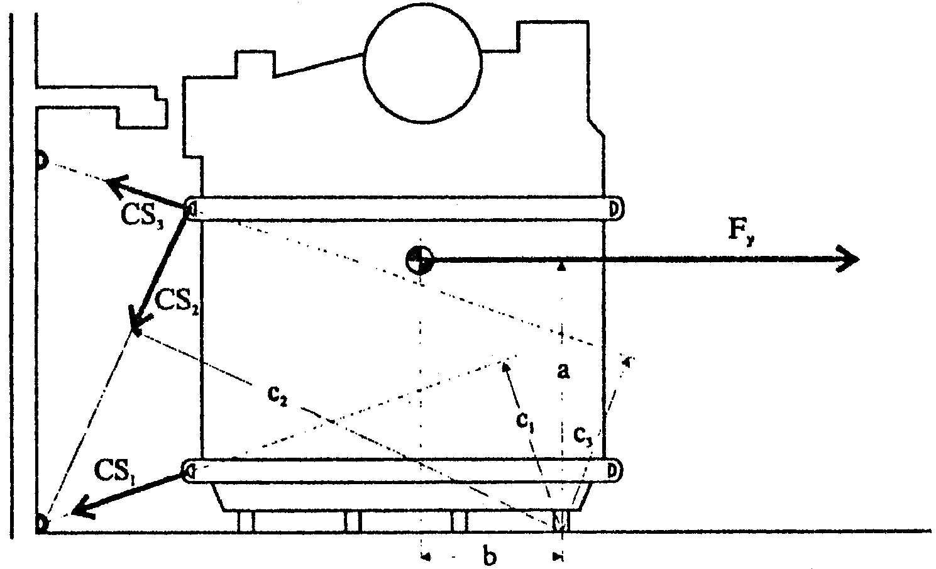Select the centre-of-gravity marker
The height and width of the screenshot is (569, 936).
419,259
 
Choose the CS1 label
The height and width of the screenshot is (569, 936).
116,470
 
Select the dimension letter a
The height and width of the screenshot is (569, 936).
564,371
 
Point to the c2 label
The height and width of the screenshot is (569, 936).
277,397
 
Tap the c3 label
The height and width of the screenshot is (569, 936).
582,433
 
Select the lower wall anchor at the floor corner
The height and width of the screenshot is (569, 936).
41,523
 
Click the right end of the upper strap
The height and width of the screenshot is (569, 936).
615,207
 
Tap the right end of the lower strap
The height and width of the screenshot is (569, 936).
614,470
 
